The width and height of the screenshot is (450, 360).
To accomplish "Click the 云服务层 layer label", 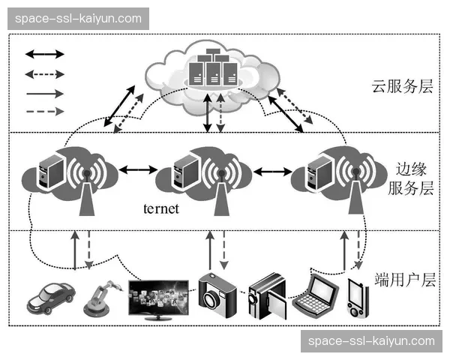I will pyautogui.click(x=403, y=86).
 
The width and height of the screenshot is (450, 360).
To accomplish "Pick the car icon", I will pyautogui.click(x=50, y=296).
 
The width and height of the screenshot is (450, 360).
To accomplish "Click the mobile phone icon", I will pyautogui.click(x=358, y=297).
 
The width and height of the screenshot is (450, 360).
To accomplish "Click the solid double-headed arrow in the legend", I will pyautogui.click(x=45, y=54).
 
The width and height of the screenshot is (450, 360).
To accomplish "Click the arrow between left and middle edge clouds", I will pyautogui.click(x=135, y=170).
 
